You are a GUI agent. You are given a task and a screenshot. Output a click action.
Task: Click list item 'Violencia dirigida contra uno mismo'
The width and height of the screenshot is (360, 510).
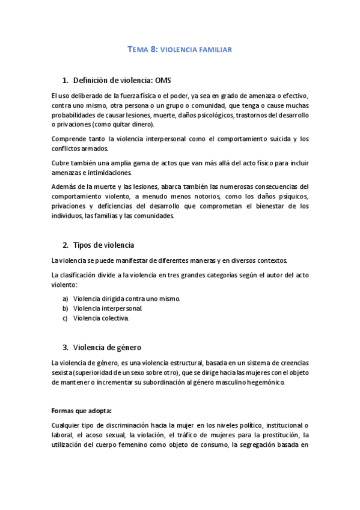pos(126,298)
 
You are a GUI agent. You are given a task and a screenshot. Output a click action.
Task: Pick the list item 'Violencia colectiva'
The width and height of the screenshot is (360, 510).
pos(100,318)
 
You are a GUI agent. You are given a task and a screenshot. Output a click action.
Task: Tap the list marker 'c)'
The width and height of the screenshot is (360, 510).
pos(65,318)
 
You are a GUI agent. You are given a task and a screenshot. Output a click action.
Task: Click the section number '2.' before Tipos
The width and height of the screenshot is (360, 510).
pos(66,245)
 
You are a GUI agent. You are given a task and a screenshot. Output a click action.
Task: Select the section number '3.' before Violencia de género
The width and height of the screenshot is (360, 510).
pos(66,347)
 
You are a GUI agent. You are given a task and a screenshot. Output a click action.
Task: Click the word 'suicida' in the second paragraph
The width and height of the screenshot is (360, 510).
pos(275,139)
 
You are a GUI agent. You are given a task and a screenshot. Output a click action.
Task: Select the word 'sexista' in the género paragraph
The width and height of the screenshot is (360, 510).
pos(62,373)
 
